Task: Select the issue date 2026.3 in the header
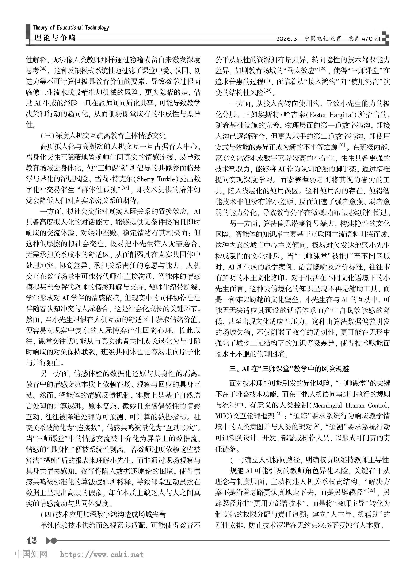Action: click(286, 38)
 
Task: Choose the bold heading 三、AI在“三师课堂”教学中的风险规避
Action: click(289, 369)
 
